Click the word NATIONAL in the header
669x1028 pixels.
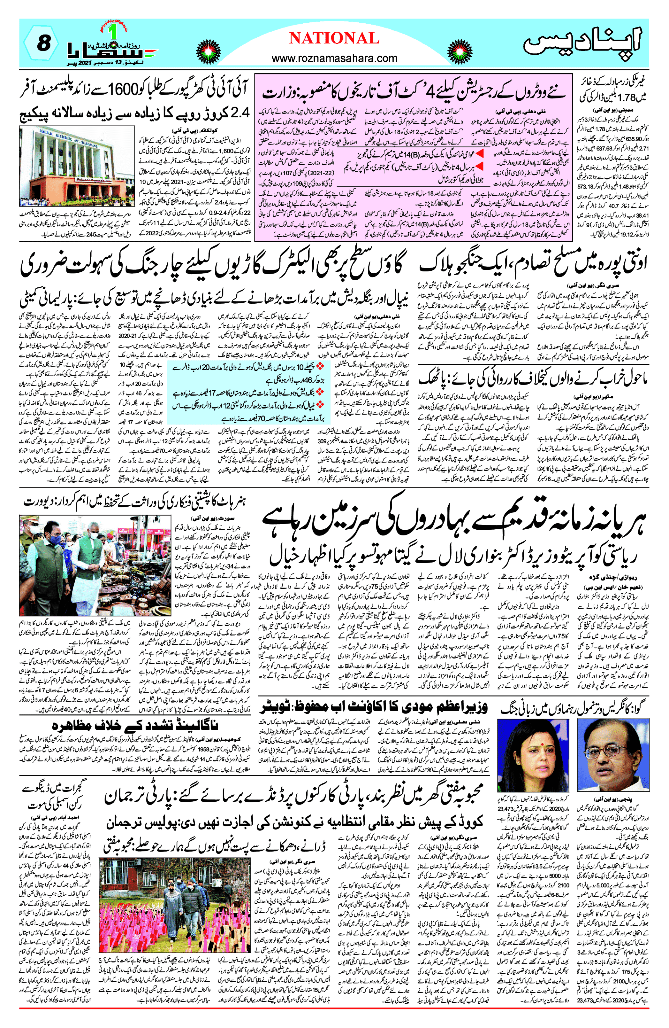point(334,38)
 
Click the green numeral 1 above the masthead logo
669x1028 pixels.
point(113,32)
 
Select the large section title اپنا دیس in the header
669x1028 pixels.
point(583,43)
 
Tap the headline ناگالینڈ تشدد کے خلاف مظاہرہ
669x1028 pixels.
point(135,726)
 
